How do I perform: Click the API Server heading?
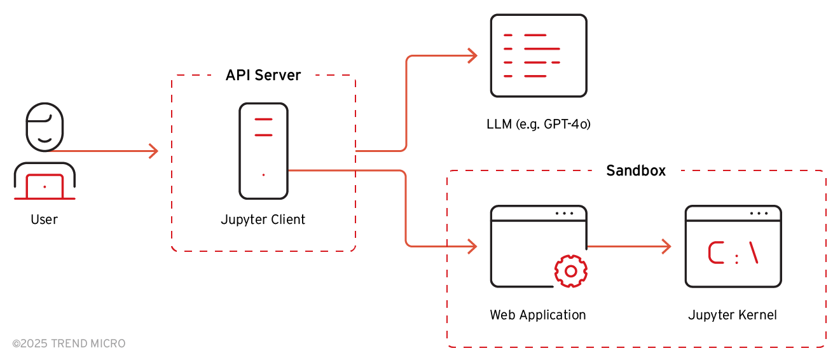[x=263, y=75]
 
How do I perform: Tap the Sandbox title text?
[x=636, y=170]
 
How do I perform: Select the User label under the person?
[x=44, y=220]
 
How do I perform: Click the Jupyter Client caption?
[x=263, y=220]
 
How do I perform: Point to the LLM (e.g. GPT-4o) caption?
[x=539, y=125]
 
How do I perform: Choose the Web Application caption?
[x=538, y=315]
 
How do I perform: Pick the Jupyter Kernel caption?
[x=733, y=315]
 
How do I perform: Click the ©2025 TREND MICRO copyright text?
[x=69, y=343]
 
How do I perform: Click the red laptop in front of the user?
[x=45, y=187]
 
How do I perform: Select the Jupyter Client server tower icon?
[x=263, y=151]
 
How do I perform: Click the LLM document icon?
[x=539, y=56]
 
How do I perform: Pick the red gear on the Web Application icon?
[x=570, y=272]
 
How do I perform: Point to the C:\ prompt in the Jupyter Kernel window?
[x=733, y=253]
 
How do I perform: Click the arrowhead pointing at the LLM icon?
[x=472, y=56]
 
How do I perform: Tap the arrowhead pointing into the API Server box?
[x=153, y=151]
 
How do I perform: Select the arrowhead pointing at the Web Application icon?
[x=472, y=246]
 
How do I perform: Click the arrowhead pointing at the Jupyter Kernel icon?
[x=667, y=246]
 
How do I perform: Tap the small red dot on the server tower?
[x=263, y=175]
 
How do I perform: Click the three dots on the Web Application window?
[x=564, y=213]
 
